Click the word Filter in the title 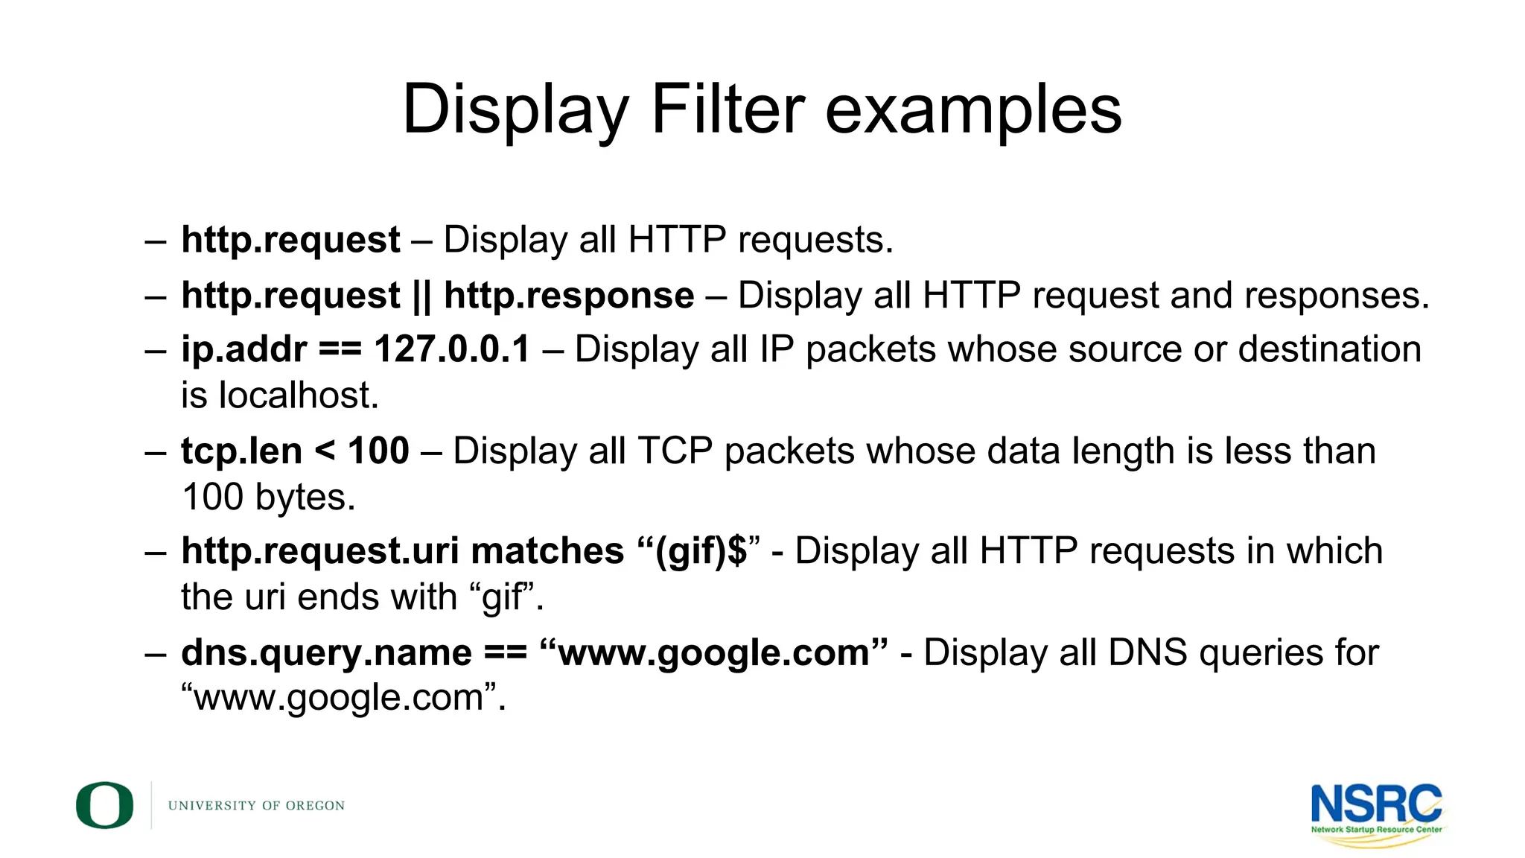click(728, 109)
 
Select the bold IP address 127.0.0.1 click(452, 349)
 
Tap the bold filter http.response click(569, 296)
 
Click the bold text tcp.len click(241, 451)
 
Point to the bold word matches click(547, 551)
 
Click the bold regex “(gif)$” click(699, 552)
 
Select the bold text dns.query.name click(326, 653)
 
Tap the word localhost click(298, 395)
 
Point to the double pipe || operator click(421, 296)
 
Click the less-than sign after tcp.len click(325, 451)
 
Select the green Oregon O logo click(105, 805)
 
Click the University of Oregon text click(256, 806)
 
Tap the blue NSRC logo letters click(1376, 804)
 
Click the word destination click(1329, 349)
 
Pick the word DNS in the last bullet click(1147, 652)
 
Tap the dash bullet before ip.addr click(156, 350)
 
